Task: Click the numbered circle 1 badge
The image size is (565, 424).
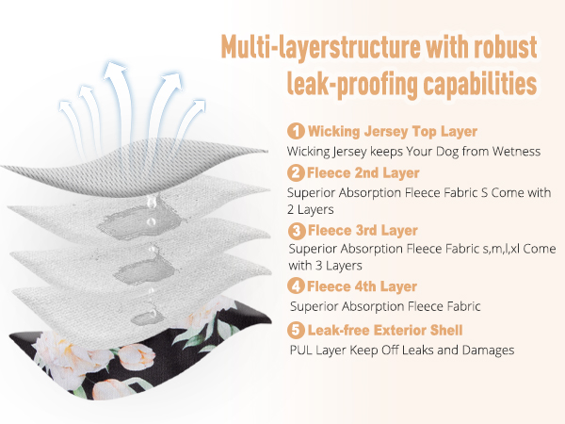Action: [x=296, y=131]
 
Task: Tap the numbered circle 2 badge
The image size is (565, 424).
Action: [x=296, y=172]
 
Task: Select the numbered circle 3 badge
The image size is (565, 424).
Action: [x=297, y=230]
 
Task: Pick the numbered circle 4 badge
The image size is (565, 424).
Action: [x=296, y=286]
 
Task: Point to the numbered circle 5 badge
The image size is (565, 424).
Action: [x=296, y=330]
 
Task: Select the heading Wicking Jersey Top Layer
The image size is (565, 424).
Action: [x=393, y=131]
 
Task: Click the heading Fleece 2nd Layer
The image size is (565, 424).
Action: [x=363, y=172]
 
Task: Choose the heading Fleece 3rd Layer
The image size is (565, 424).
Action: [x=363, y=230]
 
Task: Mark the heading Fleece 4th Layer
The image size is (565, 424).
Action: [x=363, y=286]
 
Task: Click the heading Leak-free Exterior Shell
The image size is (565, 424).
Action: [x=385, y=330]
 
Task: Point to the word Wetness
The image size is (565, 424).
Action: [x=516, y=151]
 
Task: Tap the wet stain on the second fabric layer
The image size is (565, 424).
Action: [x=136, y=222]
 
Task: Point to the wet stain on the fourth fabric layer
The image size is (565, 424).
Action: [x=147, y=318]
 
